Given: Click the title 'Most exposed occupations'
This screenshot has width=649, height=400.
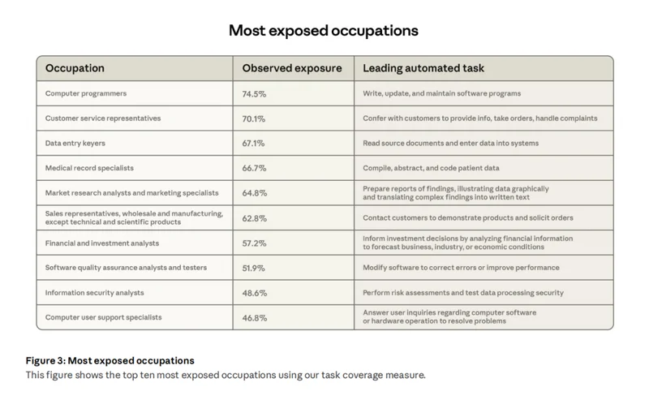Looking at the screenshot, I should (x=324, y=31).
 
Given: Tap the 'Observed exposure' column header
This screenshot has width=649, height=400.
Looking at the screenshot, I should (x=292, y=68).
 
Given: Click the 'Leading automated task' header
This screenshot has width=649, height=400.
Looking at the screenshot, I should (x=423, y=68).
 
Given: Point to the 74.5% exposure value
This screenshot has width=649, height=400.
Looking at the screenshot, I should (x=254, y=93).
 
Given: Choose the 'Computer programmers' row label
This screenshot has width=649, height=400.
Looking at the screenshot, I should (x=86, y=93).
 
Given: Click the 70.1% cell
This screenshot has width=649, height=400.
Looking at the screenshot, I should (x=254, y=118).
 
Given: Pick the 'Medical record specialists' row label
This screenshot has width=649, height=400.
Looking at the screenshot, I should (x=89, y=168).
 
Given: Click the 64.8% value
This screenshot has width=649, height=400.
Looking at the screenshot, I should (x=254, y=193).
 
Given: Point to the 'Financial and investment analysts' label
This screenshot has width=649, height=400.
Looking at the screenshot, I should (x=102, y=243).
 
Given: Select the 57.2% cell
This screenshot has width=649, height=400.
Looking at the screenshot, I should (x=254, y=243).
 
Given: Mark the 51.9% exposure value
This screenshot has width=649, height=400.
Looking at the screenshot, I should (x=254, y=268).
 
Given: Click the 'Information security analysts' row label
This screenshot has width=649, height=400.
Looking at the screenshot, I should (x=94, y=292).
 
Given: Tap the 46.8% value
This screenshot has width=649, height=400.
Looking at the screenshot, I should (x=254, y=317).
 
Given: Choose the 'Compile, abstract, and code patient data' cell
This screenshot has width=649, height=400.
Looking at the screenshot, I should (x=431, y=168).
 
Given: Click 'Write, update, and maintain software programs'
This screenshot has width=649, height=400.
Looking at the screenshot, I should (x=441, y=93).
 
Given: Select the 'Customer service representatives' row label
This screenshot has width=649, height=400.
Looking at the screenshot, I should (x=103, y=118).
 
